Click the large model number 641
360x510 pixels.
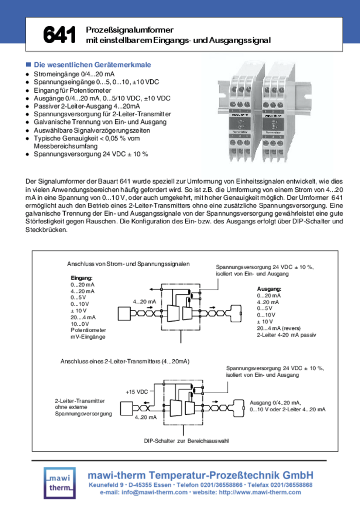coord(60,34)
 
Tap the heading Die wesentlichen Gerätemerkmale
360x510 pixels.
coord(93,65)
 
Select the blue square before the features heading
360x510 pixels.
coord(28,65)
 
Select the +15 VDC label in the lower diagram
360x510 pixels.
coord(137,392)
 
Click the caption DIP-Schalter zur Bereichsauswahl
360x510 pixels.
coord(186,441)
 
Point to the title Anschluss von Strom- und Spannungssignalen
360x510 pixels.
coord(129,264)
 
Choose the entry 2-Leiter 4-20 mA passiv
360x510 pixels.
coord(286,335)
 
